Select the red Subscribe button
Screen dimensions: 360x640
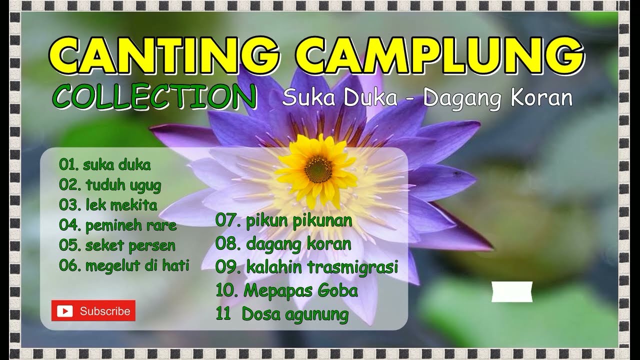(x=93, y=310)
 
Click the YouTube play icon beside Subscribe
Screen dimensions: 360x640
(x=64, y=311)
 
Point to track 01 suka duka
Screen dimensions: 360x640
(x=104, y=164)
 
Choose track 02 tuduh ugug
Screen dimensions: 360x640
(x=110, y=185)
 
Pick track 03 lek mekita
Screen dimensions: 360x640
(x=108, y=205)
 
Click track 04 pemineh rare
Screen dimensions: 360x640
(x=118, y=225)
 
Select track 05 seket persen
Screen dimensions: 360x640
(x=117, y=245)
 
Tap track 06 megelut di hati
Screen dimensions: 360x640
(x=124, y=265)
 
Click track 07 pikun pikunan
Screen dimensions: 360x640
(x=284, y=220)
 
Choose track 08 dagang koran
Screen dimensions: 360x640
(x=283, y=244)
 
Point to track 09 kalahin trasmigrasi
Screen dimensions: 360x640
(x=306, y=267)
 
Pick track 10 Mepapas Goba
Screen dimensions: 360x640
(x=286, y=290)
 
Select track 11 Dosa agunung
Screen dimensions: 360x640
(x=282, y=314)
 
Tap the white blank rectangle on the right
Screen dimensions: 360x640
(x=512, y=291)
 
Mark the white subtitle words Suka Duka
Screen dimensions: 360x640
(x=339, y=98)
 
